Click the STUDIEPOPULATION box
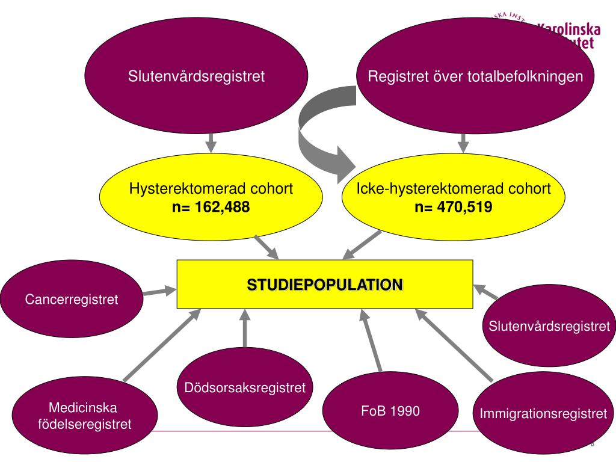(x=325, y=284)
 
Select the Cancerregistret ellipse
(x=72, y=299)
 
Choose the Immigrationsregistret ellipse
(x=543, y=414)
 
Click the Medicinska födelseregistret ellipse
(x=85, y=416)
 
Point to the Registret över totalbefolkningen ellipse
(x=475, y=77)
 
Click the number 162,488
(x=222, y=208)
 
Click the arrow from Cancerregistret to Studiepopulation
(x=159, y=292)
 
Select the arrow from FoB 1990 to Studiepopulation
(x=373, y=340)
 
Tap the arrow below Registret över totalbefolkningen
(x=463, y=143)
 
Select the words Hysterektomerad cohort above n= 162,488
(x=211, y=189)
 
